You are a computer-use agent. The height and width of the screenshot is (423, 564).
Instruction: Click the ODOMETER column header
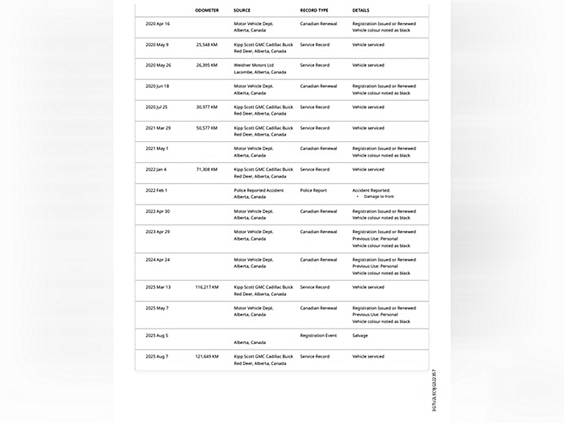click(206, 10)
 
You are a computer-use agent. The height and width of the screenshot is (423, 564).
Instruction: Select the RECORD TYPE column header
click(314, 10)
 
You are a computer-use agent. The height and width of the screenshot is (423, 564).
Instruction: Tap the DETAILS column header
click(362, 10)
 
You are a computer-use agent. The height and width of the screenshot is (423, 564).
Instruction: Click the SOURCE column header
click(242, 10)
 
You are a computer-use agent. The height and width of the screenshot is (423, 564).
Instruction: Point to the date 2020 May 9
click(157, 45)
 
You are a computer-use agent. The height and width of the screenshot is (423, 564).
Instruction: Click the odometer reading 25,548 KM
click(206, 45)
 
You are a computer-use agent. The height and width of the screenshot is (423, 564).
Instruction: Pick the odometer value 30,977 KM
click(206, 107)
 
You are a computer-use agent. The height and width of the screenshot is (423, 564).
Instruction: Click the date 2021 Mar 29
click(158, 128)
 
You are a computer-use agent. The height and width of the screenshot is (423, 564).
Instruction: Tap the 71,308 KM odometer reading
click(206, 169)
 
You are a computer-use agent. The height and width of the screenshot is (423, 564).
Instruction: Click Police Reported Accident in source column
click(259, 191)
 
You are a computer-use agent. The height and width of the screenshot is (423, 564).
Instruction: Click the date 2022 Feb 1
click(156, 191)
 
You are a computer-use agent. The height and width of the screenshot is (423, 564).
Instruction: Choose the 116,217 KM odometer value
click(206, 287)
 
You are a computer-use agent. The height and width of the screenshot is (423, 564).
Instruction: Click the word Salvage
click(360, 336)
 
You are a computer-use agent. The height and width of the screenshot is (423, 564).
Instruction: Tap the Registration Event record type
click(318, 336)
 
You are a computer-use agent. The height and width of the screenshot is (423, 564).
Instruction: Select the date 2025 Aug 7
click(157, 356)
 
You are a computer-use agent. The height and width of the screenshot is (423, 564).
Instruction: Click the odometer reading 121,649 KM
click(206, 356)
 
